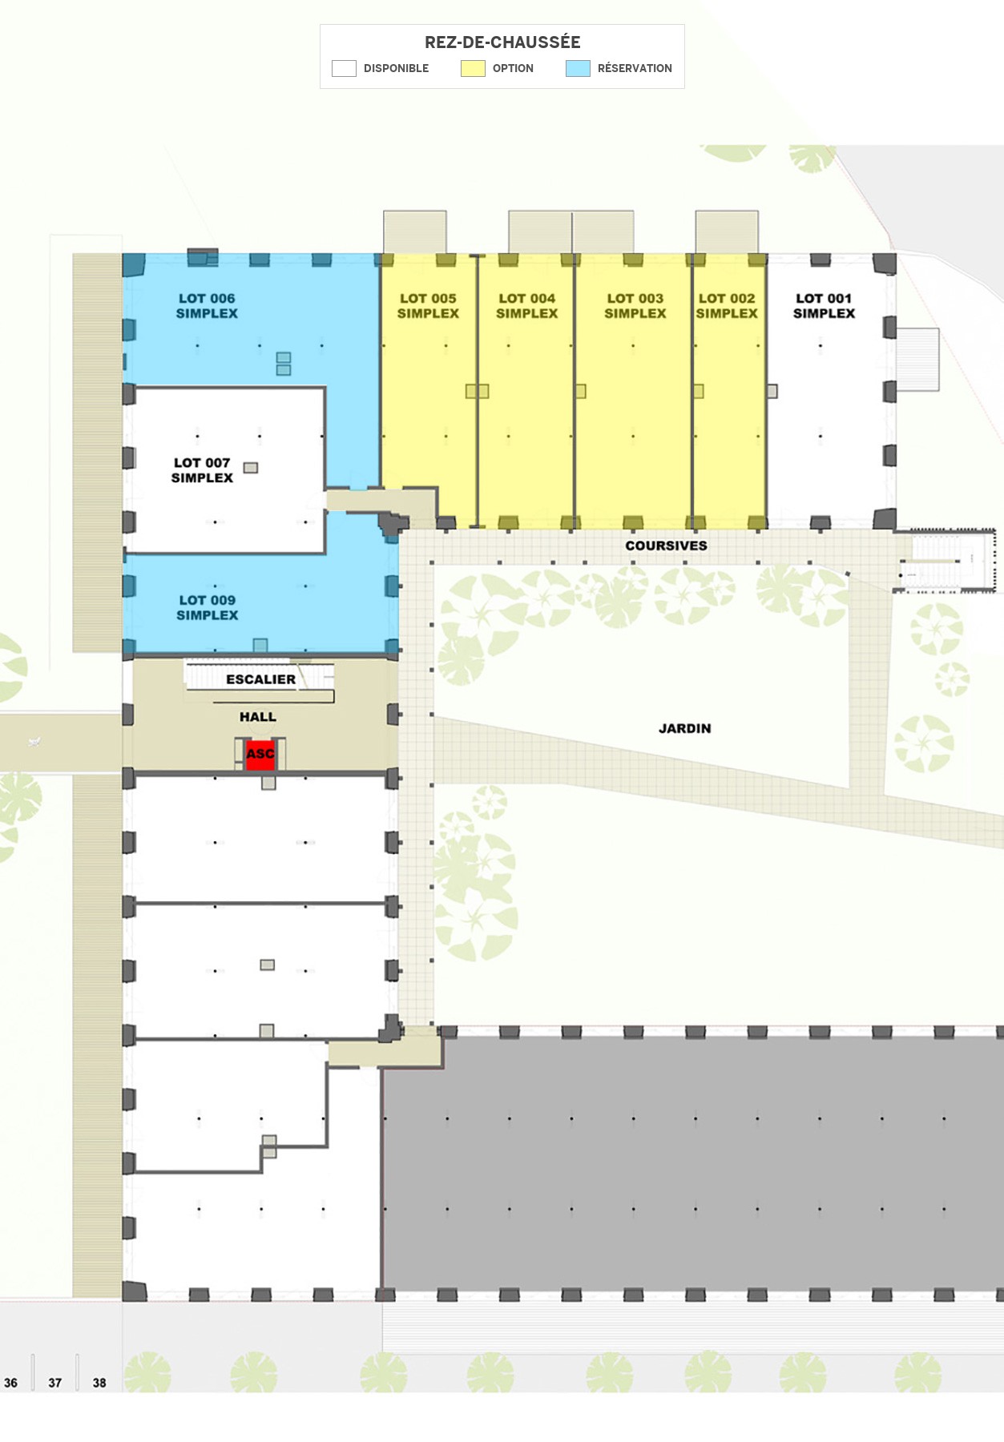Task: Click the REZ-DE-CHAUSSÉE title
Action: point(502,42)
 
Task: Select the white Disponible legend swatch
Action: point(344,68)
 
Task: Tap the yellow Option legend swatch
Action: point(473,68)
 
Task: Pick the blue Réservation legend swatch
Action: point(578,68)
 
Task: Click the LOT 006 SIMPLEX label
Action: point(207,306)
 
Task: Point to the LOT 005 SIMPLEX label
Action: point(428,306)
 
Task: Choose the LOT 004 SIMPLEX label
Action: point(526,306)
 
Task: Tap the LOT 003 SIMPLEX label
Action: point(635,306)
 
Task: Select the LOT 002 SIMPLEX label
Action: point(727,306)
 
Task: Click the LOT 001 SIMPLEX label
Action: point(824,306)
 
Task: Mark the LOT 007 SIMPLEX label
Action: point(202,470)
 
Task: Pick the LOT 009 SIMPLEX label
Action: point(208,608)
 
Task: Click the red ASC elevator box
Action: point(260,754)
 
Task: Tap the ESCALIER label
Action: point(260,679)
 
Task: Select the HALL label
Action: point(257,717)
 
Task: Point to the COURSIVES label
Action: point(666,546)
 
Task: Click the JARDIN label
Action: point(684,728)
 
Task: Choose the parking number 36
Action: point(10,1383)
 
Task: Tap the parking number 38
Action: point(99,1383)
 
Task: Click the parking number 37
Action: point(54,1383)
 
